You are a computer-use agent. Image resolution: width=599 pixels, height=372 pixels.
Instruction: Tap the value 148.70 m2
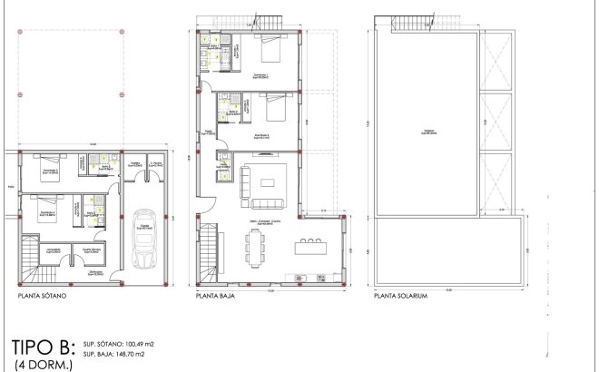(x=133, y=357)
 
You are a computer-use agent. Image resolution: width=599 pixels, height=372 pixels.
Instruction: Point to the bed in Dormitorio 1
(x=270, y=50)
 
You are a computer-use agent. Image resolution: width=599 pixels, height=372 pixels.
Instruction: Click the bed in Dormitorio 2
(x=270, y=113)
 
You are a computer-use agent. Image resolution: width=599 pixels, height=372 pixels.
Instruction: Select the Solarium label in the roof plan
(x=427, y=132)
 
